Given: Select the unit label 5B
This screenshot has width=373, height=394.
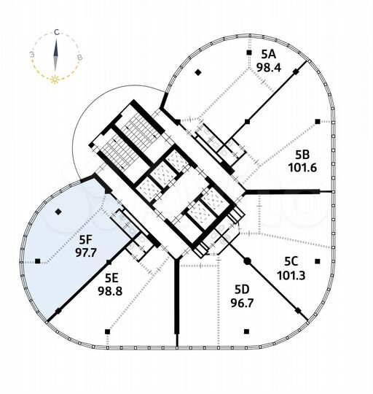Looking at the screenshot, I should coord(303,154).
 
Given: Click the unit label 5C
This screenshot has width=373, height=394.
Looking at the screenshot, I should coord(292,260).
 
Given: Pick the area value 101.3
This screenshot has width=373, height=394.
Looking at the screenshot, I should coord(292,275).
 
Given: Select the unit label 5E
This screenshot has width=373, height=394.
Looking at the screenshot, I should coord(111,277).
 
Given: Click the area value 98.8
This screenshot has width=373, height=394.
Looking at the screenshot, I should coord(111,290).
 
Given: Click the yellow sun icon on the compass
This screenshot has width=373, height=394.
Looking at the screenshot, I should coord(55,78).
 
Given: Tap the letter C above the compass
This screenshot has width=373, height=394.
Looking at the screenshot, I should coord(56,33).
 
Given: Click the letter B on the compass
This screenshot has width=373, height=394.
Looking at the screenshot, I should coord(80,56).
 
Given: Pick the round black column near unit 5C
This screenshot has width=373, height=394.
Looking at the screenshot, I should coord(247,260).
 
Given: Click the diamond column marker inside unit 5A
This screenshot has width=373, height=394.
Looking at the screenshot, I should coord(198,72).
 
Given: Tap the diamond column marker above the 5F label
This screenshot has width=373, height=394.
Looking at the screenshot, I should coord(58,212).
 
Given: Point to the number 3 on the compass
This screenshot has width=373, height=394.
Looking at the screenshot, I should coord(31,55).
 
